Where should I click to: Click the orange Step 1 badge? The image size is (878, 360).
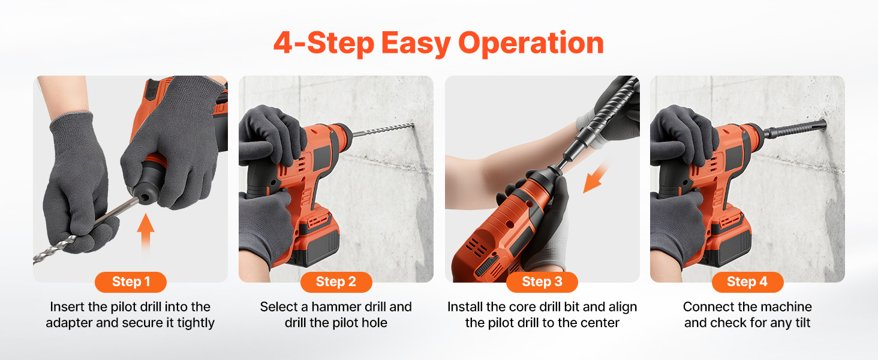(131, 281)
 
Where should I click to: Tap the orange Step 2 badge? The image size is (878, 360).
(336, 281)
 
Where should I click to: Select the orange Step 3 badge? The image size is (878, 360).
(542, 281)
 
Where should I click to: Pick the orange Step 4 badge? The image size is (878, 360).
(747, 281)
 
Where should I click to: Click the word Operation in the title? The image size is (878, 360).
(531, 43)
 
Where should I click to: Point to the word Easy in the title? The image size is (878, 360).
(416, 43)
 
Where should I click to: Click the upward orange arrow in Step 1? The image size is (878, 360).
(145, 233)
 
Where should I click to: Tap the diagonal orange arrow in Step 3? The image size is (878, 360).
(596, 176)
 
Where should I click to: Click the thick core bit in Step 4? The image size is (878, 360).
(796, 130)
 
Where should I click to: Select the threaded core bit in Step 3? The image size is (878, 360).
(600, 118)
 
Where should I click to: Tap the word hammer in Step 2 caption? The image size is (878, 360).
(333, 307)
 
